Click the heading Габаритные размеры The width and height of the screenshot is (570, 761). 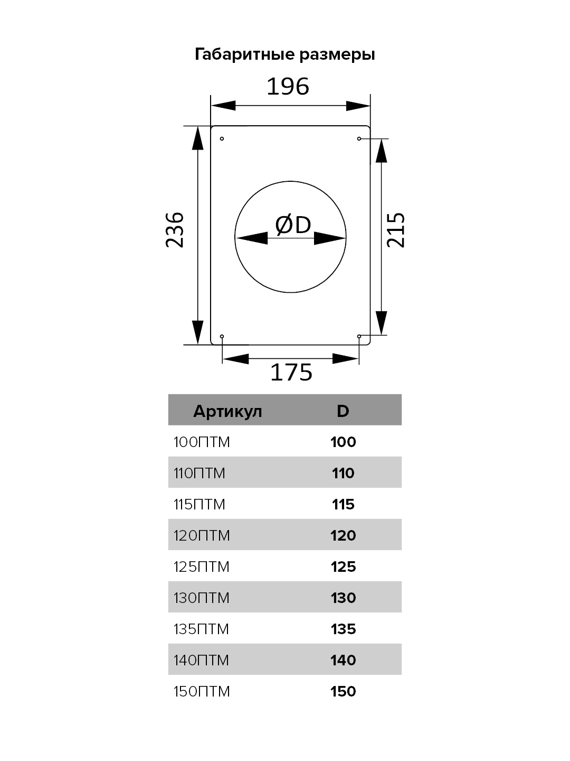(x=285, y=54)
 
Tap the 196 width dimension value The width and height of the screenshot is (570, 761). (x=288, y=86)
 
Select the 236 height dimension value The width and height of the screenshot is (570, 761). (x=175, y=230)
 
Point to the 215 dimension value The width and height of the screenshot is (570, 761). (x=396, y=230)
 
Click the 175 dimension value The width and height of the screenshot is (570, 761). (x=291, y=373)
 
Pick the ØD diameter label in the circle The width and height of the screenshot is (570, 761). (x=293, y=225)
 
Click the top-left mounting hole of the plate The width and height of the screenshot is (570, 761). (x=222, y=138)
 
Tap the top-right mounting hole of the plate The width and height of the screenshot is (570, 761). (x=359, y=138)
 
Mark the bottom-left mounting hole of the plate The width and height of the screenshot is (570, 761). (x=222, y=336)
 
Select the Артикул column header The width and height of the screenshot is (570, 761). (x=227, y=412)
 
